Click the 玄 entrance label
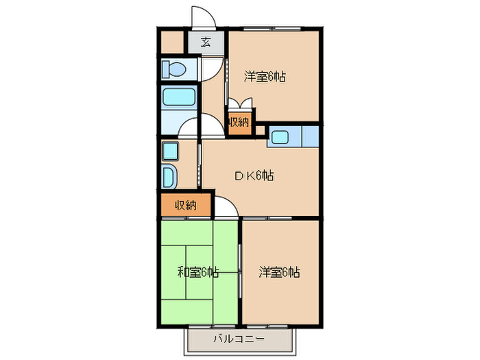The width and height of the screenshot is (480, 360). click(206, 43)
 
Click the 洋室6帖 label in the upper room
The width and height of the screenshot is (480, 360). click(265, 77)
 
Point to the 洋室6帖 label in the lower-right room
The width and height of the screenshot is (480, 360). click(279, 272)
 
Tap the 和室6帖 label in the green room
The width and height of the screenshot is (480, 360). click(197, 272)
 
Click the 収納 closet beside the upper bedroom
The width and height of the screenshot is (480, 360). click(239, 122)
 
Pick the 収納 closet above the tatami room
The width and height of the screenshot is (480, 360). click(185, 204)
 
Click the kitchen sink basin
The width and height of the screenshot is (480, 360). click(280, 136)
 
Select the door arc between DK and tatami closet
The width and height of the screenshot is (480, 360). click(227, 207)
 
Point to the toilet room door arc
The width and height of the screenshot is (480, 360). click(215, 67)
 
